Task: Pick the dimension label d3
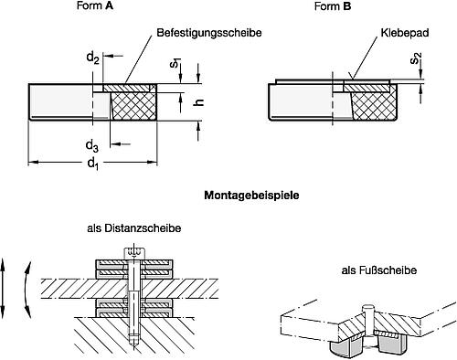[x=92, y=144]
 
